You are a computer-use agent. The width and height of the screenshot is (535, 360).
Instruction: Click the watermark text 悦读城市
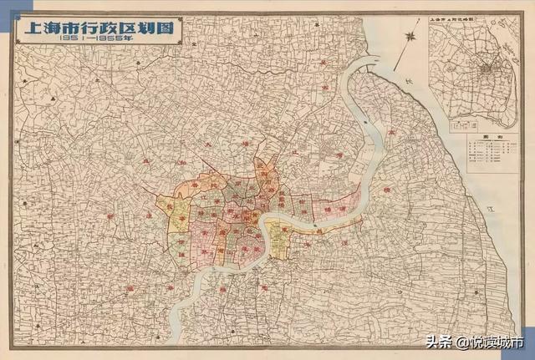click(498, 342)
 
